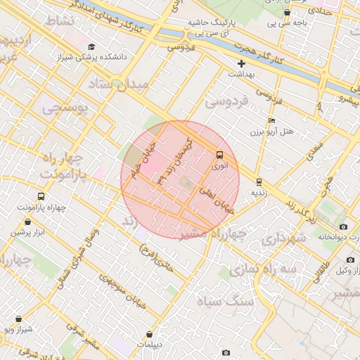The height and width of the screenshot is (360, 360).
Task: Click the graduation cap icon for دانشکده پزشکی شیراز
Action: coord(91,46)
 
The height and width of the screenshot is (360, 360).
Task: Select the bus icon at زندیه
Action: coord(259,181)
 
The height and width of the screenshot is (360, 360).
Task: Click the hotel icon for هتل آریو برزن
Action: coord(271,120)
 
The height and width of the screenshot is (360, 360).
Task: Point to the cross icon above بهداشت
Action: coord(241,63)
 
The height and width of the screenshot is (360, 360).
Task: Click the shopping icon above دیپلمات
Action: coord(150,335)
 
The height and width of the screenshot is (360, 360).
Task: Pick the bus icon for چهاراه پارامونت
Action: coord(40,197)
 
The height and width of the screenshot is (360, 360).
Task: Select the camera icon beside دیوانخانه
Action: coord(343,226)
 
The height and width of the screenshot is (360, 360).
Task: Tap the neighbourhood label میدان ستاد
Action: coord(120,85)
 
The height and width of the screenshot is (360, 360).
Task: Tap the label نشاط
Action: coord(59,21)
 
